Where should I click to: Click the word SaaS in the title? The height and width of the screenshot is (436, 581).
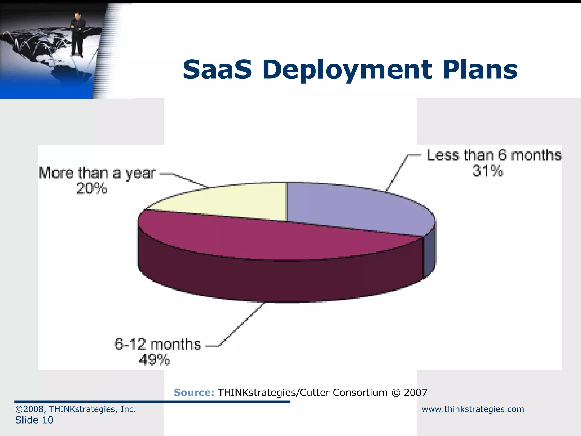pos(217,70)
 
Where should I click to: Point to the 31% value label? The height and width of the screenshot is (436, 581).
pos(487,171)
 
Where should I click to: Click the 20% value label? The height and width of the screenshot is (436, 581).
pos(92,188)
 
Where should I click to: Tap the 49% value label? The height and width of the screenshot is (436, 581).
pos(154,360)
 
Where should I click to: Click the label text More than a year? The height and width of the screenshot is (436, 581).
pos(97,173)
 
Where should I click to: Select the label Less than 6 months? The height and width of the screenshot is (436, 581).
pos(494,155)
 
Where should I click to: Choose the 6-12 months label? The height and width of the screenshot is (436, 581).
pos(157,344)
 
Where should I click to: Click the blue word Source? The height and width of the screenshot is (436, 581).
pos(194,393)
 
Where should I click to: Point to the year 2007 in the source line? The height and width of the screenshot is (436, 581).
pos(415,393)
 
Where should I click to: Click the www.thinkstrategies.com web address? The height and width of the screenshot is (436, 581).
pos(473,409)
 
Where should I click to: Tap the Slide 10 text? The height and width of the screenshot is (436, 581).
pos(34,420)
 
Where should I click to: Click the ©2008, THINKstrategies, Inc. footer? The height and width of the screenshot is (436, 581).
pos(75,409)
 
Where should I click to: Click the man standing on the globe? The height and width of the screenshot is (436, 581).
pos(77,34)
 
